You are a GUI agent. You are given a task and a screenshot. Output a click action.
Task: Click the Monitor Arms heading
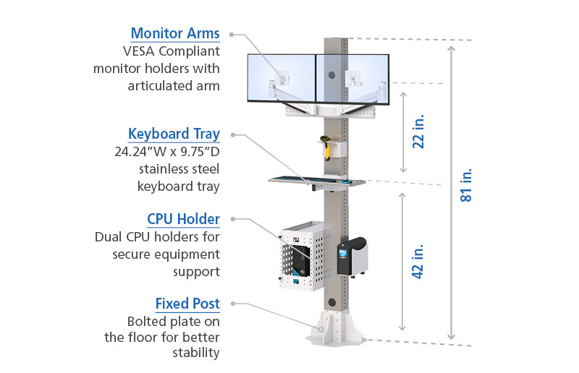(175, 33)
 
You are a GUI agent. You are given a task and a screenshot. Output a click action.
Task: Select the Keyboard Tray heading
(174, 134)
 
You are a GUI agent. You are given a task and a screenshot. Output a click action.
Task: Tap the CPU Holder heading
(184, 219)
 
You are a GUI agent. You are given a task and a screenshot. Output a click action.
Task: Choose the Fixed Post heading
(187, 304)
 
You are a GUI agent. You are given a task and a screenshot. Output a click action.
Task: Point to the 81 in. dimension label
(466, 185)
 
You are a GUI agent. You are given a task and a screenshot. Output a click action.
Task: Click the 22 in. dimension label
(418, 132)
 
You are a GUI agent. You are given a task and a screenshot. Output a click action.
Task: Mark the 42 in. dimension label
(418, 261)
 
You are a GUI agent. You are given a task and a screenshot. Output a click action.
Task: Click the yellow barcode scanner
(327, 148)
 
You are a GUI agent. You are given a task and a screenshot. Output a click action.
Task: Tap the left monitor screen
(282, 78)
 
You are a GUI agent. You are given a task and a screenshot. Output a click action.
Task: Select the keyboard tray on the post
(316, 181)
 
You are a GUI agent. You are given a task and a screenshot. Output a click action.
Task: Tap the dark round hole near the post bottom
(332, 303)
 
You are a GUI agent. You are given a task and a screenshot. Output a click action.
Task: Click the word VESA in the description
(138, 51)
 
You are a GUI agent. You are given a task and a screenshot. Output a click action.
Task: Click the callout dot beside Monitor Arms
(232, 35)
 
